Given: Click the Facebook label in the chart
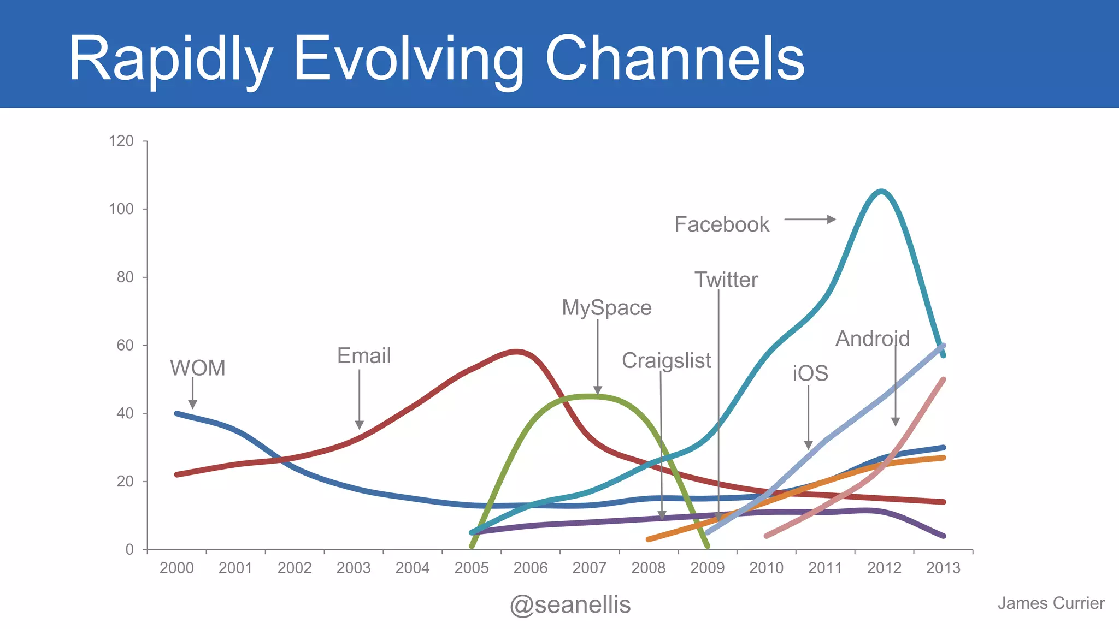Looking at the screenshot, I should pyautogui.click(x=721, y=224).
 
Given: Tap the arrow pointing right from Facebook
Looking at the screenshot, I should pyautogui.click(x=810, y=219).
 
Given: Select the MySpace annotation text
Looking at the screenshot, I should pyautogui.click(x=606, y=308).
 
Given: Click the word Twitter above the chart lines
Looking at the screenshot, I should pyautogui.click(x=726, y=280).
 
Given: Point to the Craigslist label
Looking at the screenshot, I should pyautogui.click(x=666, y=360).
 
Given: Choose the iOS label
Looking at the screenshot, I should pyautogui.click(x=810, y=373).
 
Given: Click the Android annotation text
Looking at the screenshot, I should pyautogui.click(x=872, y=339).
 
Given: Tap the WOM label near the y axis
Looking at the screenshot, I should pyautogui.click(x=197, y=368).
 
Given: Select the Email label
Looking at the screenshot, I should pyautogui.click(x=364, y=356).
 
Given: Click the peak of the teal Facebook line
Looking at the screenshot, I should pyautogui.click(x=881, y=191).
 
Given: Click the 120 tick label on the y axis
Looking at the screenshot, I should pyautogui.click(x=121, y=141).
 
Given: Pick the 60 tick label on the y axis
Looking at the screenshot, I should pyautogui.click(x=125, y=345).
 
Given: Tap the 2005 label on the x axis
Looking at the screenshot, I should pyautogui.click(x=471, y=568).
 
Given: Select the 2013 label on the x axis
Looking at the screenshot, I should pyautogui.click(x=943, y=568).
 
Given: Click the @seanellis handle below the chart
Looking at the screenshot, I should pyautogui.click(x=570, y=604).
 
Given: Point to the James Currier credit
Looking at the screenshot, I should pyautogui.click(x=1050, y=603).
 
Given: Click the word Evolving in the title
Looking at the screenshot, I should pyautogui.click(x=408, y=59).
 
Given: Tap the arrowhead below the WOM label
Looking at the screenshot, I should pyautogui.click(x=192, y=404).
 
